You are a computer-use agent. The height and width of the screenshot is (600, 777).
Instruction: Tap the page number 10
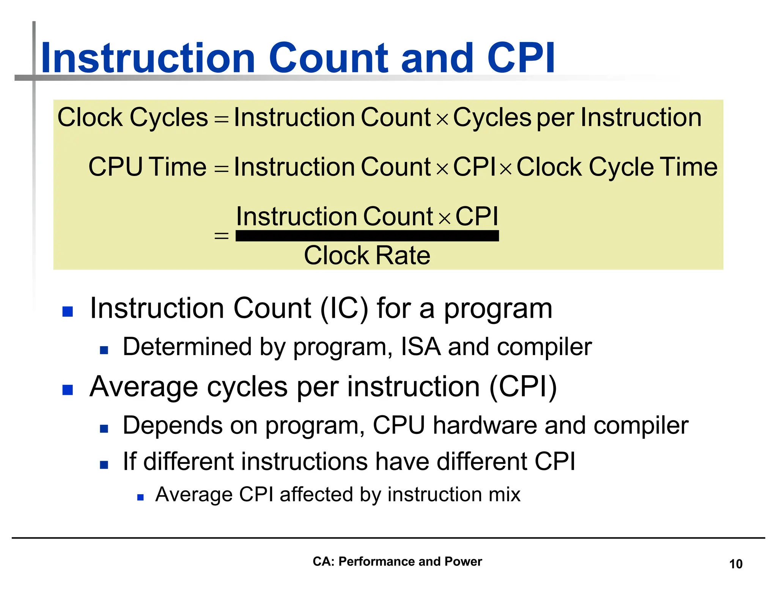(x=736, y=564)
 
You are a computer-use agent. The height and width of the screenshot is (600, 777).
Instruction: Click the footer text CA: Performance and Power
(x=397, y=561)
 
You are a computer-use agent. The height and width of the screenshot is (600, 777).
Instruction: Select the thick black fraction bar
(x=367, y=236)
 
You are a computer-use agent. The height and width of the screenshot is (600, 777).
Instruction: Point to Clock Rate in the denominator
(x=367, y=255)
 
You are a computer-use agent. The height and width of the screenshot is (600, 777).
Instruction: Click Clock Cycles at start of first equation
(x=132, y=117)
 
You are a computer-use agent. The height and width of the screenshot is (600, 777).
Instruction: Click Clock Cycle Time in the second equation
(x=617, y=167)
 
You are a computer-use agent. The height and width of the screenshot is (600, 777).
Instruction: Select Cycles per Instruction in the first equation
(x=577, y=117)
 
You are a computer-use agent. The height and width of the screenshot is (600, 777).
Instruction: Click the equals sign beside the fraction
(x=221, y=236)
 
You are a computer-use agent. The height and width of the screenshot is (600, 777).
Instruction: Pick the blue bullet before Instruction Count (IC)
(x=68, y=311)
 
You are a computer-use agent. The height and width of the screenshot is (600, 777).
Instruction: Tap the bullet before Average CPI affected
(x=140, y=497)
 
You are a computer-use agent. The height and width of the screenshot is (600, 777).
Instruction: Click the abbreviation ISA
(x=421, y=347)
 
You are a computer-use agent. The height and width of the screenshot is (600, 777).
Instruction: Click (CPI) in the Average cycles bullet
(x=523, y=387)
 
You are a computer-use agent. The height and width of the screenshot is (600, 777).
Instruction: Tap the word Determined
(x=187, y=347)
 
